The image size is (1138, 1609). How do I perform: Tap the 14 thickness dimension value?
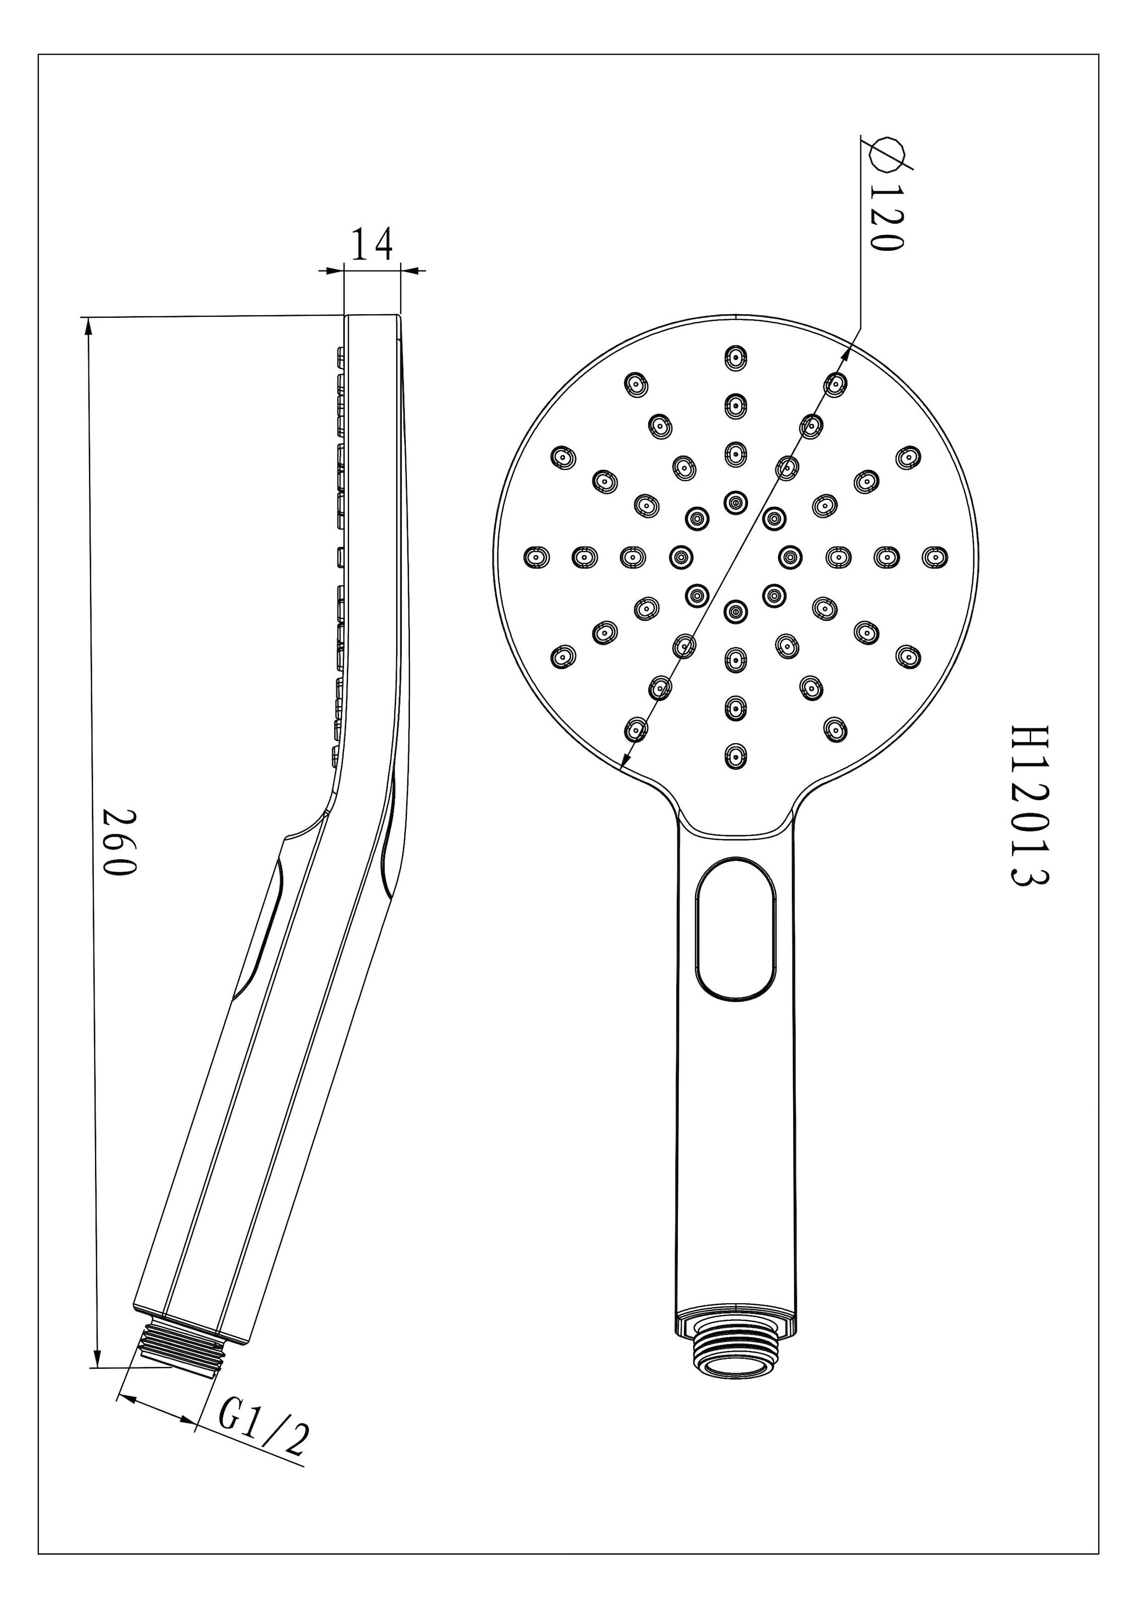372,243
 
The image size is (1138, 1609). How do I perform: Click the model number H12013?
1029,806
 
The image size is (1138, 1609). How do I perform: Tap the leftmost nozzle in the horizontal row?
537,557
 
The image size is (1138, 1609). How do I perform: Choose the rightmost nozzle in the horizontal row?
934,557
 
